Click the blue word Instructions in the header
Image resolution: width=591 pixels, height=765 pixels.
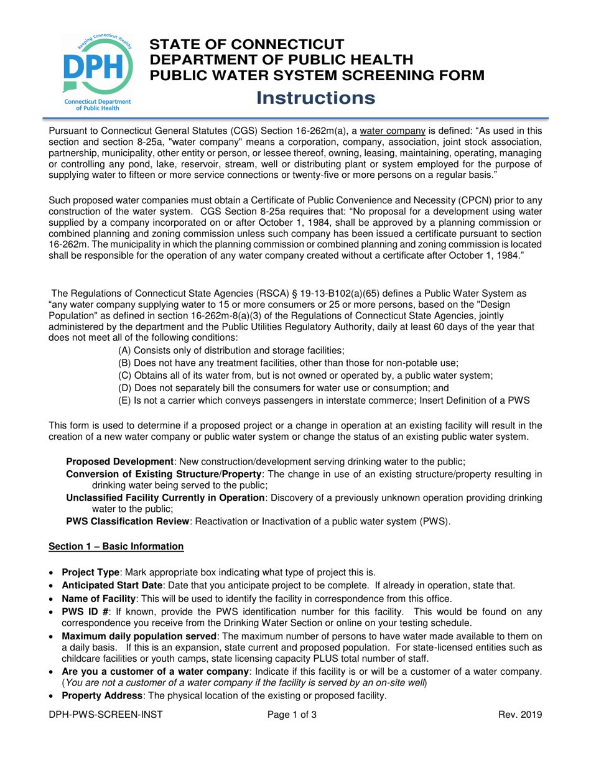316,98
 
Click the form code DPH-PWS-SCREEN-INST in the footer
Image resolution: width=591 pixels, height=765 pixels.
106,715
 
